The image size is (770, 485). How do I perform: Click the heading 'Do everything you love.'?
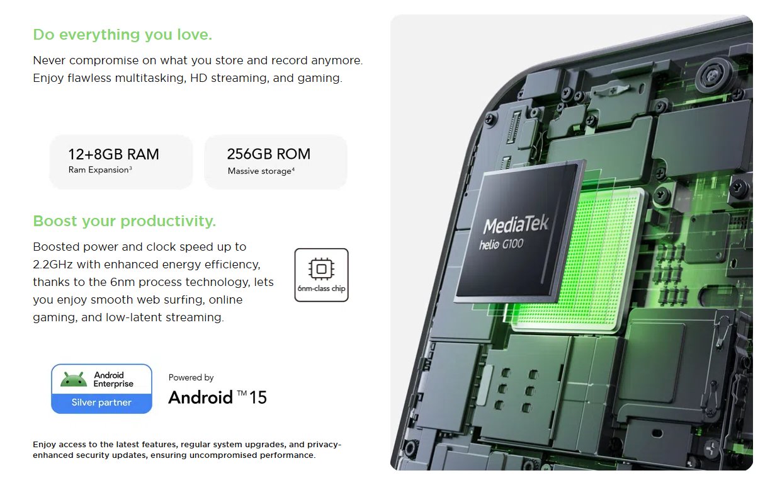click(122, 35)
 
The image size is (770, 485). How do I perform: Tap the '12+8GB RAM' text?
click(113, 154)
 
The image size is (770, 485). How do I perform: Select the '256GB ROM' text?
click(268, 154)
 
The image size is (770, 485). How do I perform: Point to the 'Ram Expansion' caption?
click(100, 169)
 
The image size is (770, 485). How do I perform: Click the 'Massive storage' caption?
click(261, 171)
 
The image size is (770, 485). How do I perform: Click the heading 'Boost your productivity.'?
click(125, 221)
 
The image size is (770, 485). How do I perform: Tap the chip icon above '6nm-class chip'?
click(321, 269)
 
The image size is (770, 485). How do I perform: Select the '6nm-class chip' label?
click(321, 288)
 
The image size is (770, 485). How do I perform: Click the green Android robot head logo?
click(74, 379)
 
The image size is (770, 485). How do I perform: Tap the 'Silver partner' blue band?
click(101, 403)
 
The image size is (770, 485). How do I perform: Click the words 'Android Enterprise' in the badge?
click(113, 379)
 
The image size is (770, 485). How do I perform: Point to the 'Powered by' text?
click(191, 378)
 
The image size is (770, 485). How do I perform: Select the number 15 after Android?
click(258, 397)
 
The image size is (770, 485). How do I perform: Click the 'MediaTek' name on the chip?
click(516, 224)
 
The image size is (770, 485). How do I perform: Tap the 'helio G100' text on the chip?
click(501, 244)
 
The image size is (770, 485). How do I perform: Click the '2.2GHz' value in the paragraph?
click(53, 265)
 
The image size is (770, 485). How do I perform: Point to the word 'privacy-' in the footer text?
click(324, 445)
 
